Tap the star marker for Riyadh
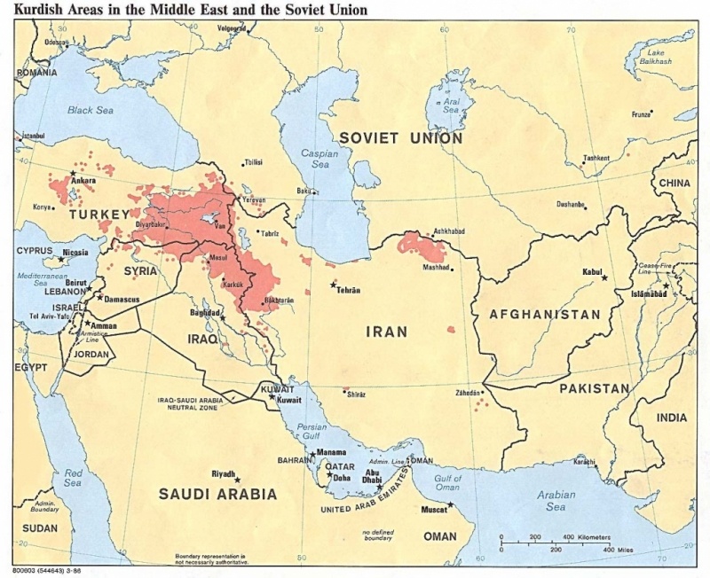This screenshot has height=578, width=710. pyautogui.click(x=237, y=480)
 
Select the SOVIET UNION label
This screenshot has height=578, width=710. pyautogui.click(x=400, y=138)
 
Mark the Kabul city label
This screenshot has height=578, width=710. pyautogui.click(x=592, y=271)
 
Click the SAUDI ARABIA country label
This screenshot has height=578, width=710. pyautogui.click(x=217, y=494)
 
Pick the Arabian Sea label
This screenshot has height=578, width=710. pyautogui.click(x=556, y=501)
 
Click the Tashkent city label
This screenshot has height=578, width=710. pyautogui.click(x=596, y=158)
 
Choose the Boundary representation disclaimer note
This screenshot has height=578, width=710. pyautogui.click(x=211, y=558)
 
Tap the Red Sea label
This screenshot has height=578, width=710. pyautogui.click(x=72, y=478)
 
